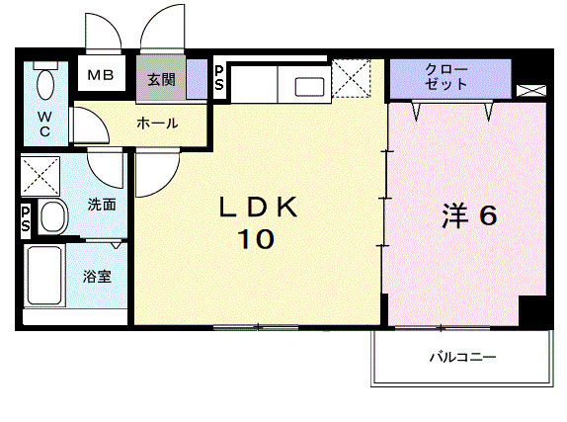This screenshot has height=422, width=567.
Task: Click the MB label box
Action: pos(101,76)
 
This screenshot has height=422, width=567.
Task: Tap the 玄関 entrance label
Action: pos(162,79)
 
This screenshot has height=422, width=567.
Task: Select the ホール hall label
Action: pos(157,124)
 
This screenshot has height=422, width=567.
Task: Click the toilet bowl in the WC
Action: pos(45,86)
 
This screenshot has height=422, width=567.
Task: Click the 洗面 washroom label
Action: pos(102,205)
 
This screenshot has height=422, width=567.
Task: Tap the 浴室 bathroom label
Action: pos(97,276)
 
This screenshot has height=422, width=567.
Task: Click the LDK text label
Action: pos(258,207)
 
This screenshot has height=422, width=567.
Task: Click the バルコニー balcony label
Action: pos(461,356)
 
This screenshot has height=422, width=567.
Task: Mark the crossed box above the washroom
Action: pos(41,176)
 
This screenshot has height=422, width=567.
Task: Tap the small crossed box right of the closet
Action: pos(530,90)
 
